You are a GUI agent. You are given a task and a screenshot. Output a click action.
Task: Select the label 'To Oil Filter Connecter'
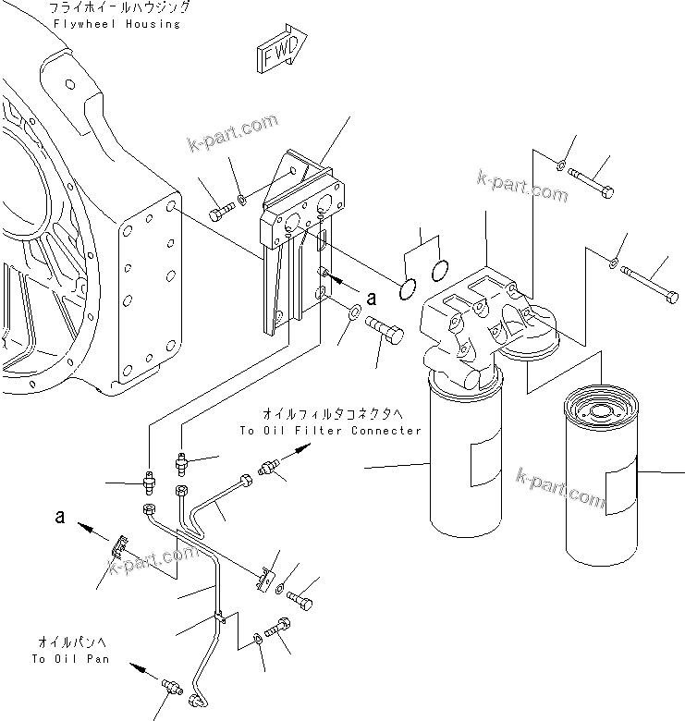[x=330, y=431]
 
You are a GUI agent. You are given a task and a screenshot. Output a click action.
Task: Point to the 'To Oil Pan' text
[x=70, y=659]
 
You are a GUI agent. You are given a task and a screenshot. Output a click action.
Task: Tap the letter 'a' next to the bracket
[x=373, y=298]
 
